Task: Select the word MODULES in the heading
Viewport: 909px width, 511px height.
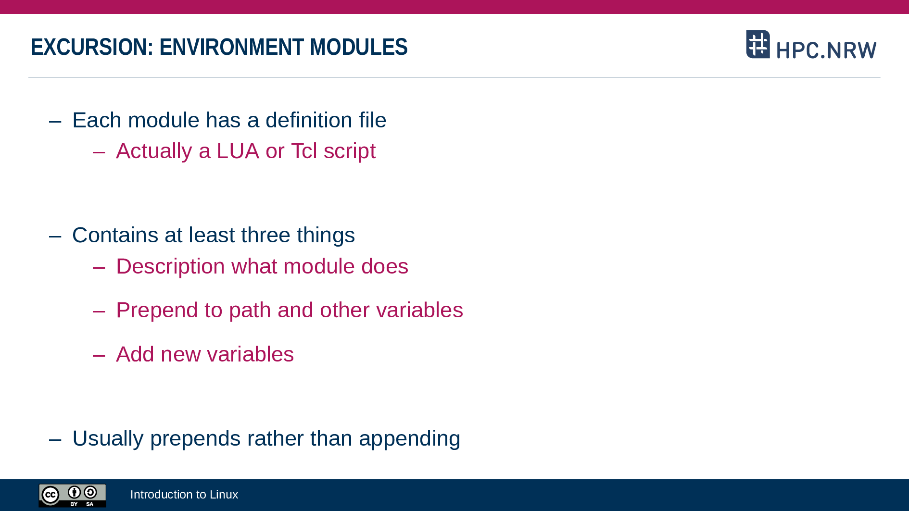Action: (359, 47)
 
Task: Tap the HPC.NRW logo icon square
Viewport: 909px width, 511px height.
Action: (758, 44)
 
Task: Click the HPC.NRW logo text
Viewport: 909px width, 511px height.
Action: (826, 50)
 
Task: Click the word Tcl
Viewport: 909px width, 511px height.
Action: (304, 151)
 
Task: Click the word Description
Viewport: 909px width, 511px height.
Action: (170, 267)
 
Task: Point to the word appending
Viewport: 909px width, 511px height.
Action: (409, 439)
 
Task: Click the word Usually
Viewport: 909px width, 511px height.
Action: (108, 439)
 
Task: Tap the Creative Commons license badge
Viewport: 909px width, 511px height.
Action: (72, 496)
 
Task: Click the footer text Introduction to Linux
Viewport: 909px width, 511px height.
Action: (184, 495)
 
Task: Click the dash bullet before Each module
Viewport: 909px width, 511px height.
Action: (55, 122)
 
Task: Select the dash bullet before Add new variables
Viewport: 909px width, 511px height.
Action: (99, 356)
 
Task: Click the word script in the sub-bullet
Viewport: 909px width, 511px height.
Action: (350, 151)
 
